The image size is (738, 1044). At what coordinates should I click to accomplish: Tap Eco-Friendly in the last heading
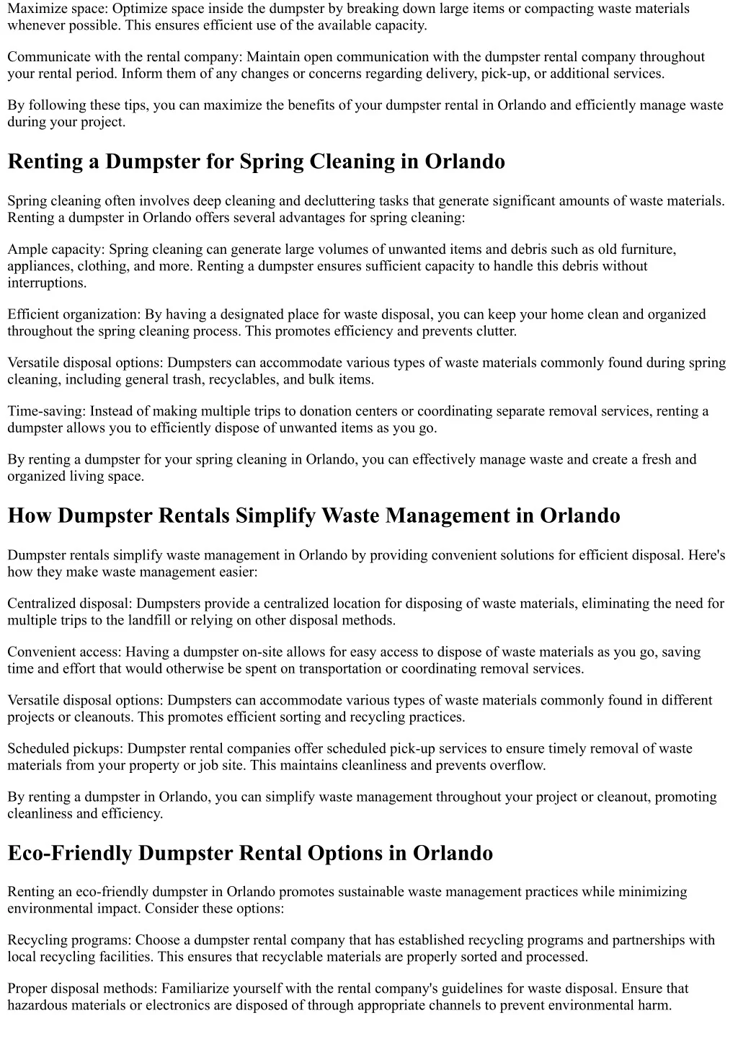(x=69, y=853)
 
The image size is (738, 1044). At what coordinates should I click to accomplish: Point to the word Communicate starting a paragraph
(x=47, y=57)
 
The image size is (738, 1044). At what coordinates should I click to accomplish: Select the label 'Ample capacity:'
(x=55, y=249)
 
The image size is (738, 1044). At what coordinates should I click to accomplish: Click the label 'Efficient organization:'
(x=74, y=314)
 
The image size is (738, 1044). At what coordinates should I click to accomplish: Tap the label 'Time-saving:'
(x=46, y=411)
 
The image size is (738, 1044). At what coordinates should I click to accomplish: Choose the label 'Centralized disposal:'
(x=70, y=603)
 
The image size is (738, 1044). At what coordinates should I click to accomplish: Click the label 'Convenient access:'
(x=65, y=652)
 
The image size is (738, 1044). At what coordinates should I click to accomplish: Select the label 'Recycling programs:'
(x=69, y=940)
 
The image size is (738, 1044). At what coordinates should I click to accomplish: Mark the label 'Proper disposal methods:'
(x=83, y=988)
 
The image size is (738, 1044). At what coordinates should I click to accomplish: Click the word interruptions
(x=45, y=283)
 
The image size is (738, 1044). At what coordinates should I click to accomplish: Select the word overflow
(x=517, y=765)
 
